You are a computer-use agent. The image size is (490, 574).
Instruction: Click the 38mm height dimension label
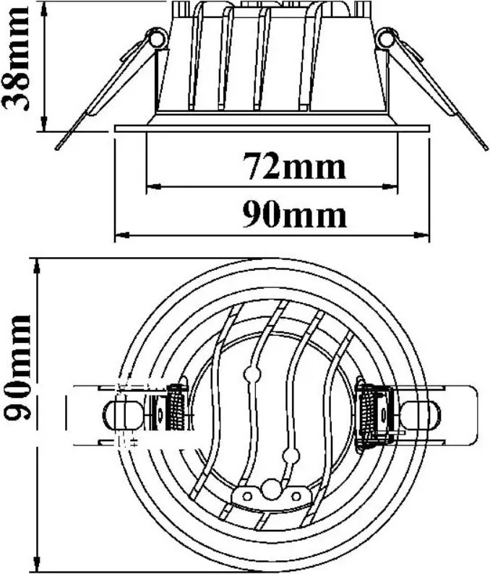click(x=16, y=58)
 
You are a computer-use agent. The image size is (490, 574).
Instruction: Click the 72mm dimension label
click(x=295, y=168)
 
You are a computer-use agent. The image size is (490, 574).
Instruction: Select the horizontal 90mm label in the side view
click(x=294, y=216)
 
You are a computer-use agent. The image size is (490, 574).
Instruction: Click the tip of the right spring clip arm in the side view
click(x=486, y=147)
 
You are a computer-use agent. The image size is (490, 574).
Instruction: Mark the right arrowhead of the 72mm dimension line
click(x=390, y=188)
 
